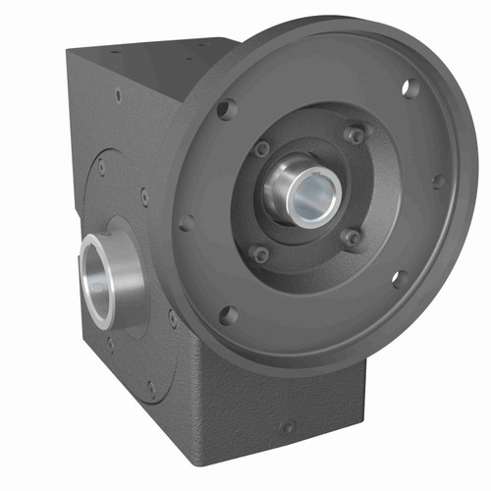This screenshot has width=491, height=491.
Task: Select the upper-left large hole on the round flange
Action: (x=227, y=108)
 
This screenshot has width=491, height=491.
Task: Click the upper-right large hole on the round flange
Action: (x=410, y=88)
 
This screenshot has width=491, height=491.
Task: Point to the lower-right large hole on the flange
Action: (x=401, y=279)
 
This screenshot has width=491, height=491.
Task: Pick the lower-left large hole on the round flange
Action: (x=228, y=315)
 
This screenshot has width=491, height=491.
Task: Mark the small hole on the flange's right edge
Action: (x=438, y=182)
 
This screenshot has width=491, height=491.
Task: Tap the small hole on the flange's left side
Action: (x=186, y=222)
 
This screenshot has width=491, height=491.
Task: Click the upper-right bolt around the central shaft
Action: (x=354, y=134)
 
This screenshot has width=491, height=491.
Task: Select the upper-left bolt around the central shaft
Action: (x=262, y=150)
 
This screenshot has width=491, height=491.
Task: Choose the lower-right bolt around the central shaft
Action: (x=351, y=237)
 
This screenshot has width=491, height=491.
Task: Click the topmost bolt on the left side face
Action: (x=118, y=95)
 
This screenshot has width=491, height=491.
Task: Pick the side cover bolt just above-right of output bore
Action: (x=144, y=196)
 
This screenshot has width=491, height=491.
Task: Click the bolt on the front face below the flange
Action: (x=287, y=426)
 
